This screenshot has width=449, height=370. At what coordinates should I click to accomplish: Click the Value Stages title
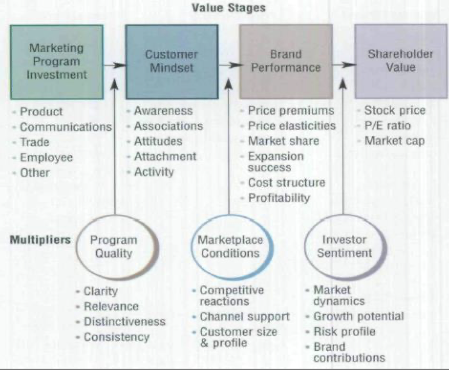pos(229,8)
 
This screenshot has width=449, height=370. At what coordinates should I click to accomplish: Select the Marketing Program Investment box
pos(57,62)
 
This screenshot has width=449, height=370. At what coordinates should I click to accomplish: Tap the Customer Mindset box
pos(172,62)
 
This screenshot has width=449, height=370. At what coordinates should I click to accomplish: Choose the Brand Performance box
pos(286,61)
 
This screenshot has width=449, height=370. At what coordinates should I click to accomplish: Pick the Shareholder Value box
pos(401,61)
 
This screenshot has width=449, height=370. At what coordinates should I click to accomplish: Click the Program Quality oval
pos(114,247)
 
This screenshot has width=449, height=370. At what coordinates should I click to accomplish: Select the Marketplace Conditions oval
pos(231,247)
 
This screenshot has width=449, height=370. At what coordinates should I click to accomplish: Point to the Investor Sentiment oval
pos(344,247)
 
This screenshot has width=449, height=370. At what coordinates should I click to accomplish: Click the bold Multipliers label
pos(40,240)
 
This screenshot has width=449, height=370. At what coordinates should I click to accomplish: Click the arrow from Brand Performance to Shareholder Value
pos(344,65)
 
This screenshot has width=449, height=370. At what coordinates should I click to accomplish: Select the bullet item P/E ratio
pos(387,125)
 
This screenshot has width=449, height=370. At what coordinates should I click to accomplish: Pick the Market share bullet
pos(283,141)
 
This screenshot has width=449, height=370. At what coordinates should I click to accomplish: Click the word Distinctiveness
pos(125,322)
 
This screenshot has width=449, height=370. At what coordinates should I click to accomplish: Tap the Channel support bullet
pos(245,317)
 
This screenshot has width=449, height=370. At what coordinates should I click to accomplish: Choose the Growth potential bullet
pos(358,316)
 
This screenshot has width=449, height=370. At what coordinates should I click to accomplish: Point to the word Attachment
pos(165,156)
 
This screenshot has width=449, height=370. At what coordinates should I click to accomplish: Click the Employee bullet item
pos(46,157)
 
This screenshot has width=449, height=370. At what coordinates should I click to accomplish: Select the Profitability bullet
pos(279,198)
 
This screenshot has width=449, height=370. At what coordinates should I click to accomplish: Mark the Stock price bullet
pos(395,110)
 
